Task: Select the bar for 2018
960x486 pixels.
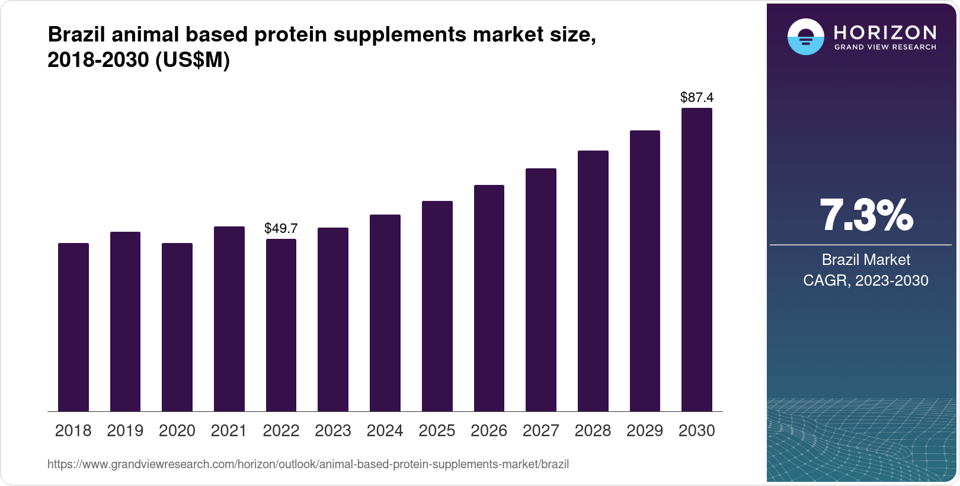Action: tap(73, 327)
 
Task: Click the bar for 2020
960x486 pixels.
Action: tap(177, 327)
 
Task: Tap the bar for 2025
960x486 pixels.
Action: tap(437, 306)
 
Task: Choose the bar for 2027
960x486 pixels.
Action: tap(541, 290)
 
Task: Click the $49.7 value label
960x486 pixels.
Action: tap(281, 228)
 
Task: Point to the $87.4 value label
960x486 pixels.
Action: tap(697, 97)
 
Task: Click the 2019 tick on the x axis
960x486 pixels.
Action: tap(125, 431)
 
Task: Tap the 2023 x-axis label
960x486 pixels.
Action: tap(333, 431)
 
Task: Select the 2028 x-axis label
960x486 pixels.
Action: tap(593, 431)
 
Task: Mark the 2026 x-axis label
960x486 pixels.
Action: tap(489, 431)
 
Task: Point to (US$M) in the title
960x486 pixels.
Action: tap(192, 60)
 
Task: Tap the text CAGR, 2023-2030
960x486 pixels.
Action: tap(865, 280)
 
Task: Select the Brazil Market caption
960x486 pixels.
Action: tap(865, 260)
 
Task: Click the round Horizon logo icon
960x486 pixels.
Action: tap(805, 37)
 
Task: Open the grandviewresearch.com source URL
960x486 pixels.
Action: tap(308, 465)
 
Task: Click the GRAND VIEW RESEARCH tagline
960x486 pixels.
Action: tap(885, 47)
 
